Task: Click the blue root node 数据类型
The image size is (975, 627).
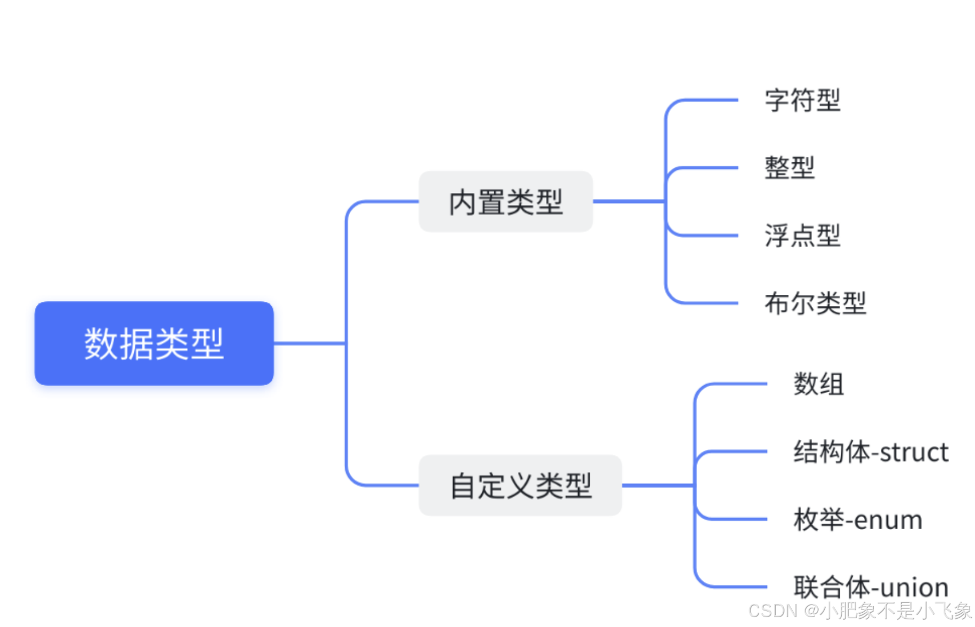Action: pyautogui.click(x=154, y=343)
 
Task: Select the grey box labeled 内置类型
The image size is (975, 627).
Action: pyautogui.click(x=505, y=202)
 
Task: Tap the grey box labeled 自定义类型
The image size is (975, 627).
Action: pyautogui.click(x=520, y=485)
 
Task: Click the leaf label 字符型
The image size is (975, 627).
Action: pyautogui.click(x=802, y=101)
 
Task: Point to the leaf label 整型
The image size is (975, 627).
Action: pyautogui.click(x=789, y=168)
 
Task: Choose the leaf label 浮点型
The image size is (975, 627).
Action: pyautogui.click(x=802, y=235)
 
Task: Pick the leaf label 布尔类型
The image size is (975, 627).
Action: pyautogui.click(x=815, y=303)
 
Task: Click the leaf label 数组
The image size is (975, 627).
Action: pyautogui.click(x=818, y=384)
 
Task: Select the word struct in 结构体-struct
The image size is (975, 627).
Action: pyautogui.click(x=914, y=452)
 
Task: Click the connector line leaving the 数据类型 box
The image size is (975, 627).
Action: pyautogui.click(x=308, y=343)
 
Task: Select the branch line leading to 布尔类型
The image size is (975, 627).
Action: pyautogui.click(x=710, y=303)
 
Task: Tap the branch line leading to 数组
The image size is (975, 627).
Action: pyautogui.click(x=738, y=384)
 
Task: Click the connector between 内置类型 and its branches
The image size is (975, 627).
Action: pyautogui.click(x=628, y=201)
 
